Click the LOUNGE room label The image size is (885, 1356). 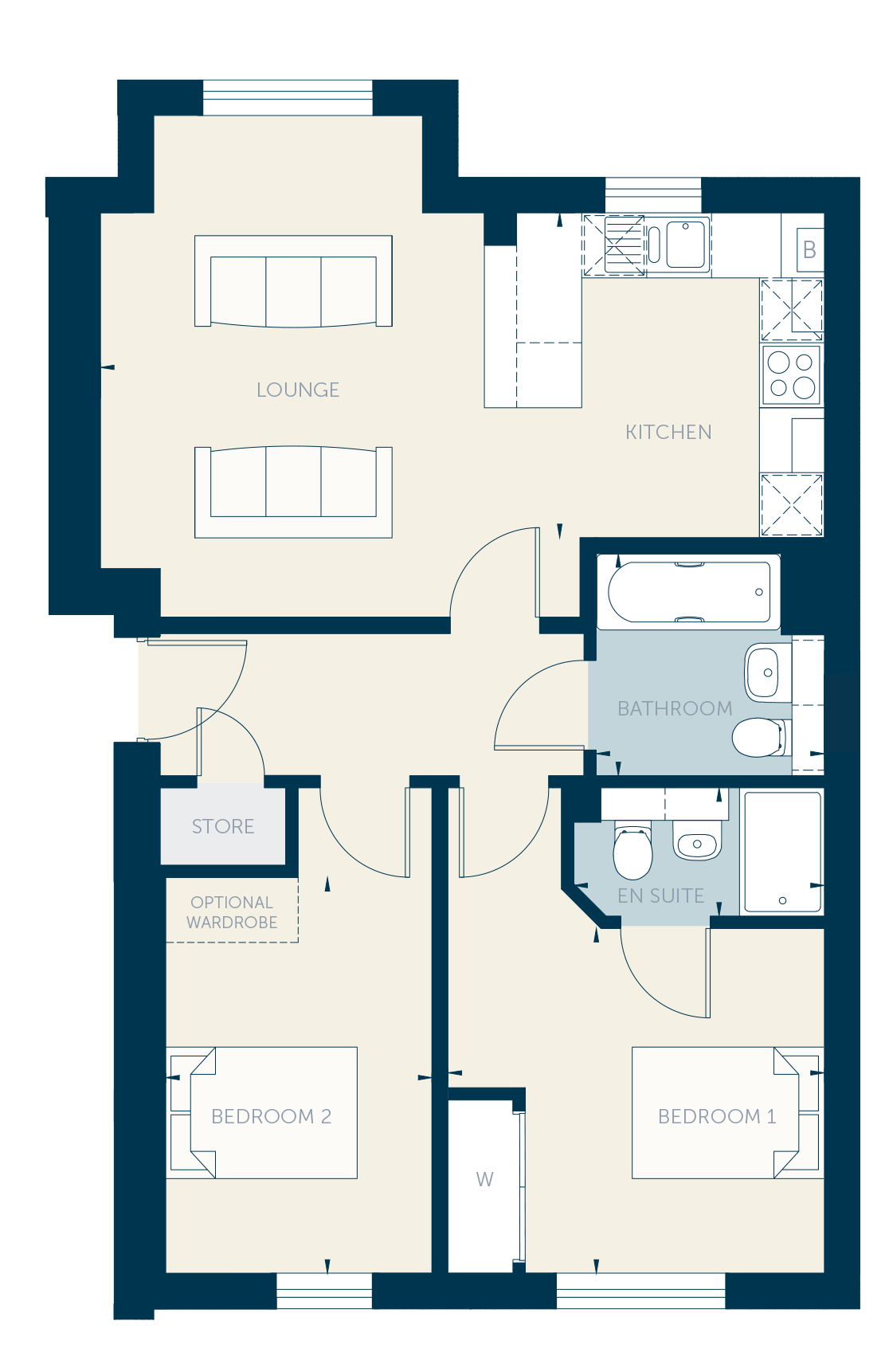point(297,390)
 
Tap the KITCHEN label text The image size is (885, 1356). point(668,433)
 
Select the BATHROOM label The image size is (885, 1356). point(675,708)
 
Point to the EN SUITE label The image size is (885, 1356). point(660,896)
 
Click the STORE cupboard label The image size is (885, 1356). point(223,826)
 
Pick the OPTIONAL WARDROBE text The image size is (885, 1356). point(232,912)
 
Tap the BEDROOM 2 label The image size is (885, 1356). point(271,1116)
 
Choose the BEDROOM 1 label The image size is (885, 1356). point(717,1116)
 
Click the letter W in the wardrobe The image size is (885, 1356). point(485,1179)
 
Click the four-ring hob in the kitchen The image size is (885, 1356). point(791,375)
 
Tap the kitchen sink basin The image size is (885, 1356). point(685,245)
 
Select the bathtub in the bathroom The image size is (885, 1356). point(689,592)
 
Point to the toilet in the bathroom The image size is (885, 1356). point(761,737)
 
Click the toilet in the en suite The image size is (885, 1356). point(632,850)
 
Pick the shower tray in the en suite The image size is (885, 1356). point(781,851)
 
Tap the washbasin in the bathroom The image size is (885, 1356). point(768,672)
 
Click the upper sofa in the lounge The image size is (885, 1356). point(294,281)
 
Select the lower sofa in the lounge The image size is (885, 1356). point(294,492)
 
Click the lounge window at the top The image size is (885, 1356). point(288,97)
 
